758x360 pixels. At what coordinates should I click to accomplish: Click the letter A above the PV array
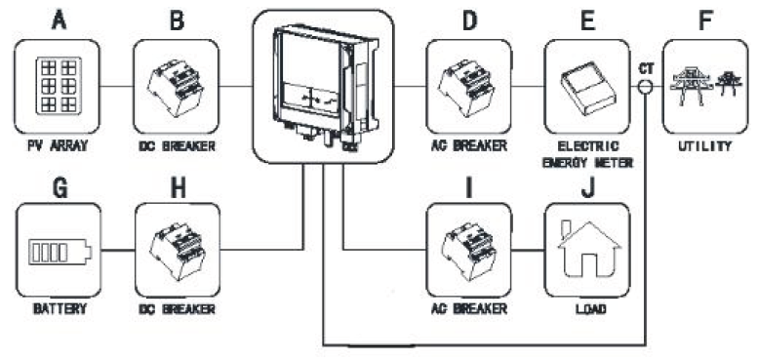tap(59, 20)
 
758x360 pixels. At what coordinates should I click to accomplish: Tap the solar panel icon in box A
tap(59, 85)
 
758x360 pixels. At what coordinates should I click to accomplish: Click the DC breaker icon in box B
tap(177, 85)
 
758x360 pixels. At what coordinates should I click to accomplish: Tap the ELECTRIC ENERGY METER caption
tap(586, 158)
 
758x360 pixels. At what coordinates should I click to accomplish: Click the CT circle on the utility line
tap(646, 86)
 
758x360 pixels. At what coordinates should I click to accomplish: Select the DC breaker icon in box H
tap(177, 250)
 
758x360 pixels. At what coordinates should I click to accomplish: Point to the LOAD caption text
tap(587, 309)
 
